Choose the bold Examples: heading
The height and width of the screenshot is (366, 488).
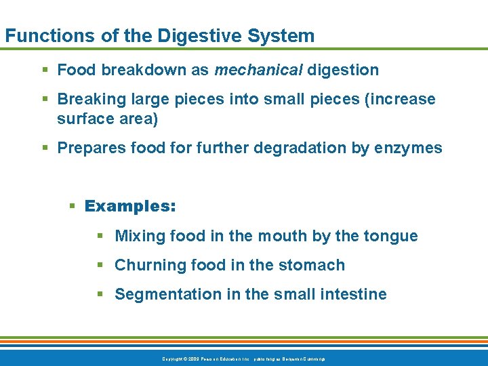[x=130, y=206]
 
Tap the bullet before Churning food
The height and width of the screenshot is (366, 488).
[x=100, y=265]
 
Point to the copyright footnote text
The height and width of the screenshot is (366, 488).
[x=243, y=358]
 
